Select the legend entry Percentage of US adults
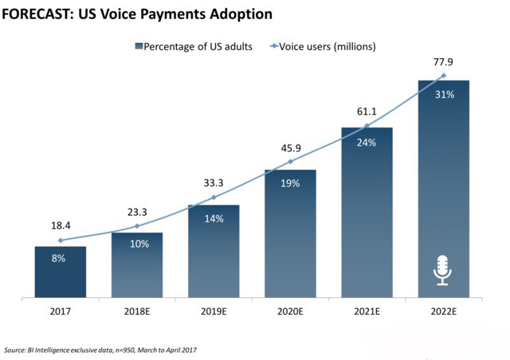click(x=194, y=46)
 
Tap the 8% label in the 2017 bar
click(x=60, y=259)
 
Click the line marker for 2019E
click(x=214, y=198)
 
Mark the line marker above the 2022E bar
click(x=444, y=76)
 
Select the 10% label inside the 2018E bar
click(x=137, y=245)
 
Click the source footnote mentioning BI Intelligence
click(x=100, y=350)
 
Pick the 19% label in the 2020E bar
click(x=290, y=183)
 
